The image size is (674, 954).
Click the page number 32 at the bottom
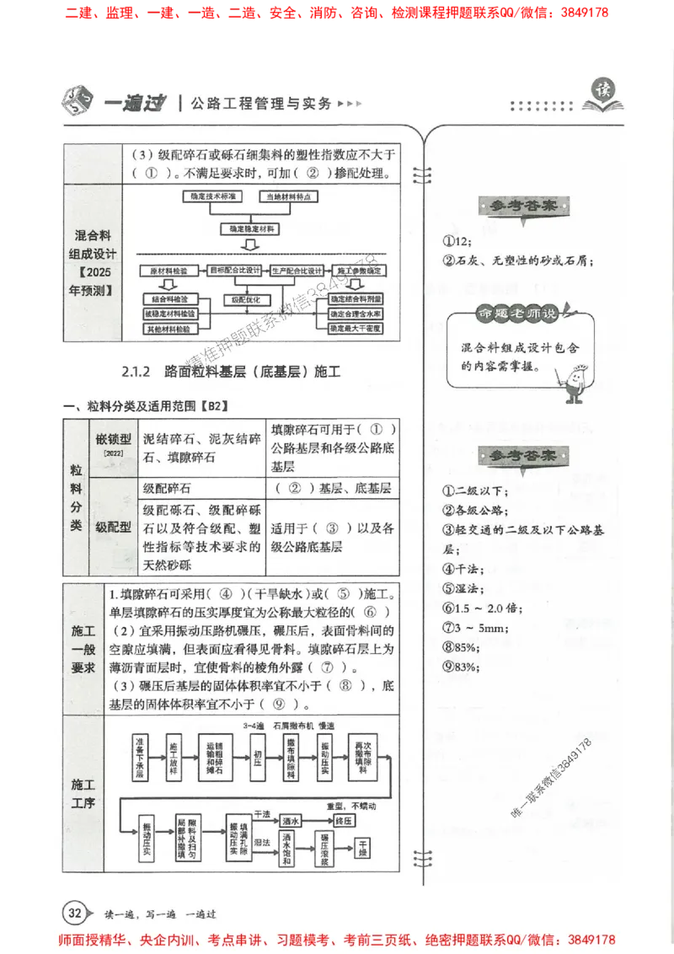pyautogui.click(x=74, y=913)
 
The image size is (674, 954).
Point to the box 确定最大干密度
pyautogui.click(x=356, y=327)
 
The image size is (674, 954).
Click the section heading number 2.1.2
pyautogui.click(x=135, y=371)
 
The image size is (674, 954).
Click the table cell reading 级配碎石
pyautogui.click(x=167, y=488)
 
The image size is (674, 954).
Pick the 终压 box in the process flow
pyautogui.click(x=345, y=819)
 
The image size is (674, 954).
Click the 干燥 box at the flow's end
pyautogui.click(x=363, y=849)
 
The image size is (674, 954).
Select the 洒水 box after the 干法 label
pyautogui.click(x=292, y=819)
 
